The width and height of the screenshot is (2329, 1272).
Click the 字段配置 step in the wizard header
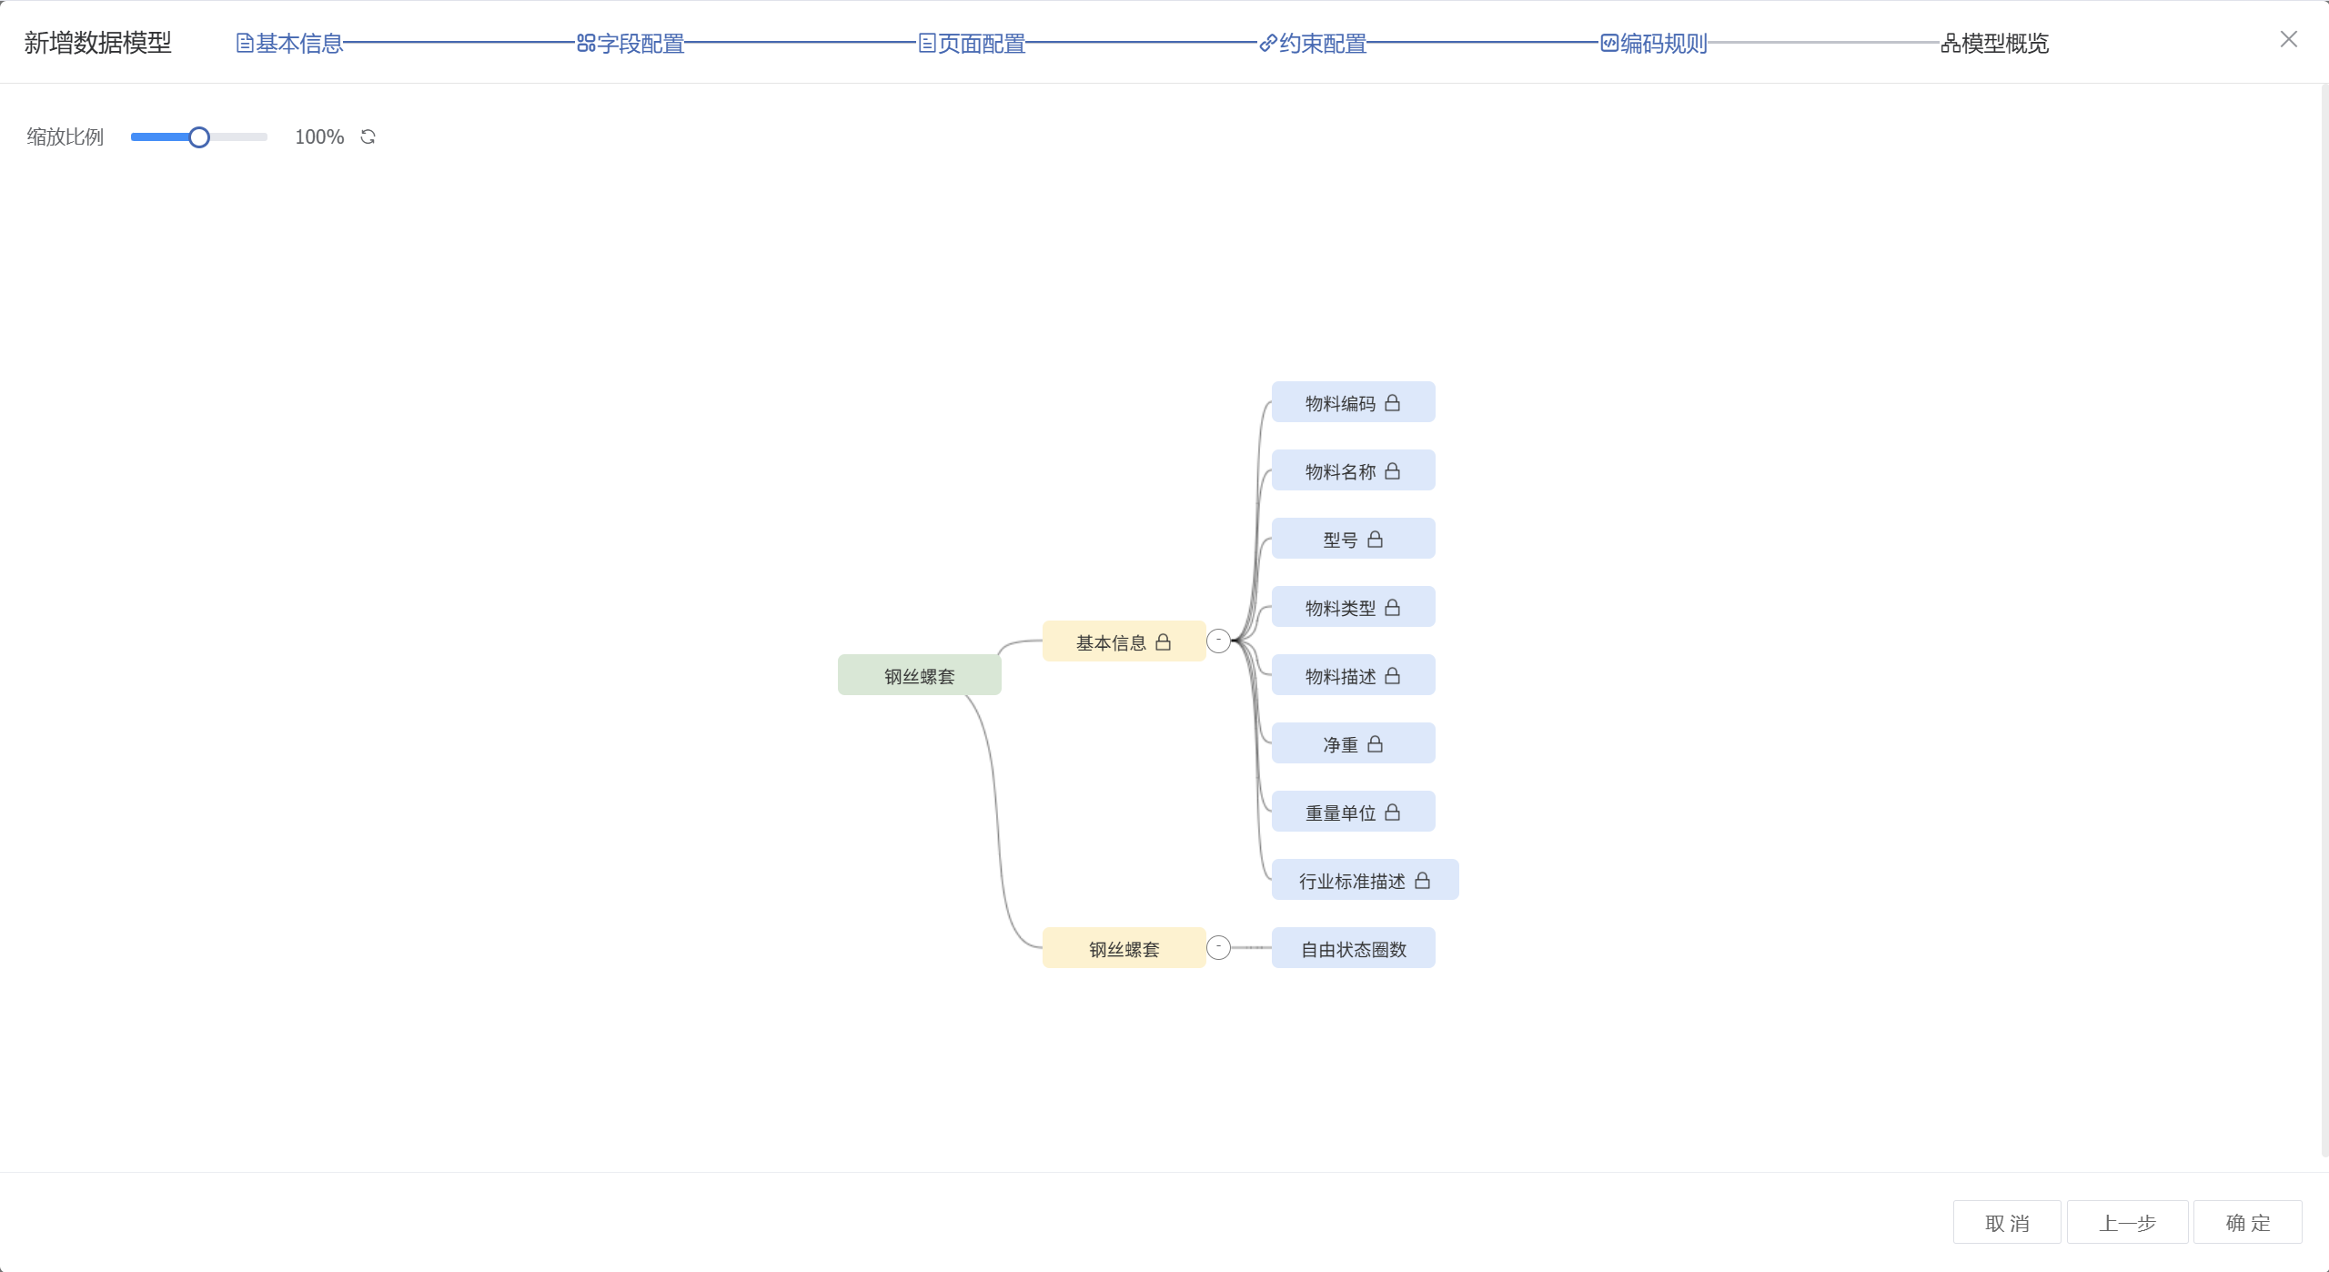[x=631, y=43]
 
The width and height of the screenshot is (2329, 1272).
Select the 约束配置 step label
[x=1314, y=43]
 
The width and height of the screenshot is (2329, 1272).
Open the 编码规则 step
[x=1655, y=43]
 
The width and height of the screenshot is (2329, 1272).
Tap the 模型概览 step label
[x=1995, y=43]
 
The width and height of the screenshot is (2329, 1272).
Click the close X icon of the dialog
[x=2289, y=39]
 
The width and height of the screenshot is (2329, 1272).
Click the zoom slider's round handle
[x=199, y=137]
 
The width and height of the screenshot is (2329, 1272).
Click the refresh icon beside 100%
[x=368, y=137]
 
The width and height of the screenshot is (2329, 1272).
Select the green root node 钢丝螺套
[x=919, y=675]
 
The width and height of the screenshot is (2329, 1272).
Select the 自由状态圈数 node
[x=1353, y=948]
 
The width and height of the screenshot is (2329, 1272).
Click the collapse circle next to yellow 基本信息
[x=1218, y=641]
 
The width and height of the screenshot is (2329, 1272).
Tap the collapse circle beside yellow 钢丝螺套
[x=1218, y=948]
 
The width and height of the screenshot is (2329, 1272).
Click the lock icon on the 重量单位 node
[x=1392, y=812]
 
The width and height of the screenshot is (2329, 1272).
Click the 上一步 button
[x=2127, y=1222]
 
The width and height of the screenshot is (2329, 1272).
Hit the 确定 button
[x=2247, y=1222]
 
